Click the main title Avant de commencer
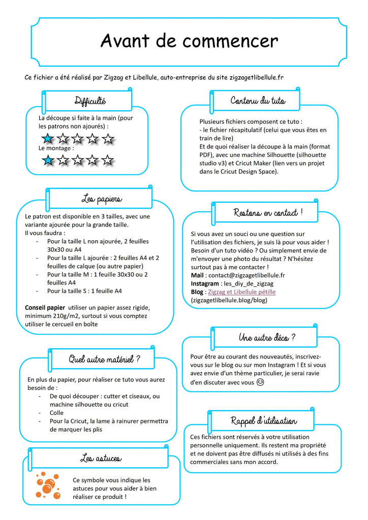189,41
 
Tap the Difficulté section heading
90,100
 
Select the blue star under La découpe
47,138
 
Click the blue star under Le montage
47,160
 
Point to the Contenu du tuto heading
258,100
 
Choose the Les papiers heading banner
101,198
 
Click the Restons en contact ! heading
268,212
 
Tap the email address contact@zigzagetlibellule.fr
245,275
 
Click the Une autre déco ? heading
267,337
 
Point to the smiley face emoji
260,382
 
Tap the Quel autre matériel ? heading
104,360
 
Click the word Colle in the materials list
56,413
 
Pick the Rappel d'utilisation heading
264,420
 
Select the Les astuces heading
101,459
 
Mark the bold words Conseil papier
45,307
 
